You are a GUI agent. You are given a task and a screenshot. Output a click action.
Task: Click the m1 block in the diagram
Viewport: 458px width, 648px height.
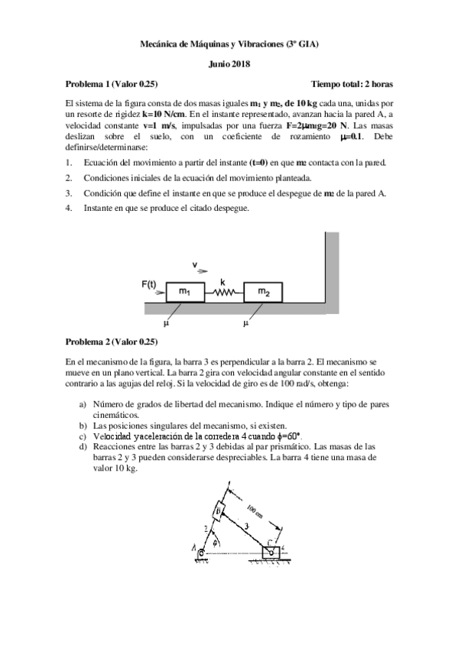point(184,291)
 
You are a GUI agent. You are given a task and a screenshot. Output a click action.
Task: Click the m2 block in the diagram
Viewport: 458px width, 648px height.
point(264,291)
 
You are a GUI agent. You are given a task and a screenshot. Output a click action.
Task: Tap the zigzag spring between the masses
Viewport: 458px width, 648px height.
point(223,292)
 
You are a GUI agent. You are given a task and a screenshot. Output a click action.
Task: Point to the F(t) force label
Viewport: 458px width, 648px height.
point(151,284)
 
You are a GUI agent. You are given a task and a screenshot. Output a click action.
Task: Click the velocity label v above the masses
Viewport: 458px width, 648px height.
point(195,266)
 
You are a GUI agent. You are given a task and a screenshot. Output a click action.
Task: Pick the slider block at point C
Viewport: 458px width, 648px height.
point(271,551)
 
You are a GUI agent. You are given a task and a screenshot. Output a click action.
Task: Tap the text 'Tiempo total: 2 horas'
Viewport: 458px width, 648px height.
point(351,83)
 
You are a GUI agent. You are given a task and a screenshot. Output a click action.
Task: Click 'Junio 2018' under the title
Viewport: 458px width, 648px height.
point(229,65)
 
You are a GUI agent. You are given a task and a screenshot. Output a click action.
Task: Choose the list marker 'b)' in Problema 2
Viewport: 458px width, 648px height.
point(83,425)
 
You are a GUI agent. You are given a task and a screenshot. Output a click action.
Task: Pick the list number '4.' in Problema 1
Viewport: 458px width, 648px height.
point(69,208)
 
